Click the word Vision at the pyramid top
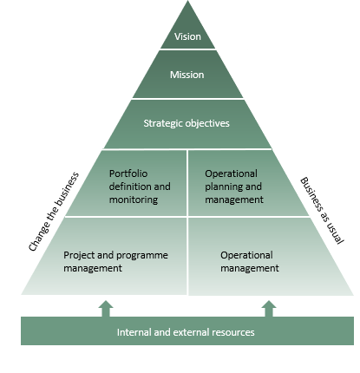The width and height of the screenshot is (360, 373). point(187,36)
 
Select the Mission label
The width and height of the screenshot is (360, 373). point(187,75)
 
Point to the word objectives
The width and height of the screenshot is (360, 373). point(207,123)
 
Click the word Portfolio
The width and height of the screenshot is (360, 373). point(128,173)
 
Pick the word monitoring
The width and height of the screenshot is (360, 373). point(134,200)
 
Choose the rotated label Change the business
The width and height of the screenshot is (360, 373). point(54,212)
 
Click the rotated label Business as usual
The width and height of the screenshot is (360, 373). point(322,211)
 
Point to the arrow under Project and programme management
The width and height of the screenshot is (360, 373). point(106,309)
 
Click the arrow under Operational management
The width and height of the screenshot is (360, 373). point(269,309)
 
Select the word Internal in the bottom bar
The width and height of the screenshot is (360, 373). point(134,332)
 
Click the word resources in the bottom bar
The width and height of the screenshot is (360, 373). point(233,332)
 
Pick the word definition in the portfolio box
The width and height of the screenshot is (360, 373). point(130,186)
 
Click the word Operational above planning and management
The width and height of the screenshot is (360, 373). point(231,173)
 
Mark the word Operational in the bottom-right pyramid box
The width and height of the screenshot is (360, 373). point(246,255)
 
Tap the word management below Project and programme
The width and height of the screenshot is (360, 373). point(93,268)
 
